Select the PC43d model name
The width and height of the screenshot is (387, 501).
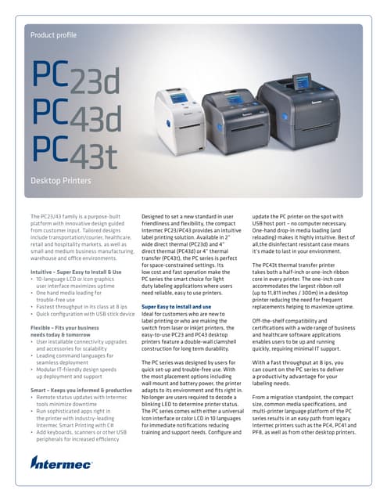76,117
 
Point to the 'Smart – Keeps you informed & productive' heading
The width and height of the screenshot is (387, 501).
81,389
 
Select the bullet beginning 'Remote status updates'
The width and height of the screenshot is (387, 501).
81,397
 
